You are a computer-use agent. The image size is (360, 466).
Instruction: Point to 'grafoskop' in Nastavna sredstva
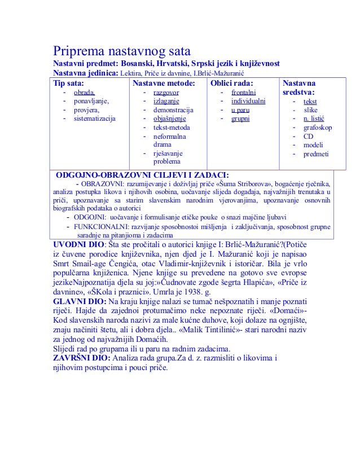point(318,128)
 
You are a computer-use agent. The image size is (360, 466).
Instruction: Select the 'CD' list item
point(309,137)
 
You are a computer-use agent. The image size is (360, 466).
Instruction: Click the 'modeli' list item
point(314,145)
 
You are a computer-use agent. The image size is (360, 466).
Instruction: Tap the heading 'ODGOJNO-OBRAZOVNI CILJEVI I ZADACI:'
point(142,174)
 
